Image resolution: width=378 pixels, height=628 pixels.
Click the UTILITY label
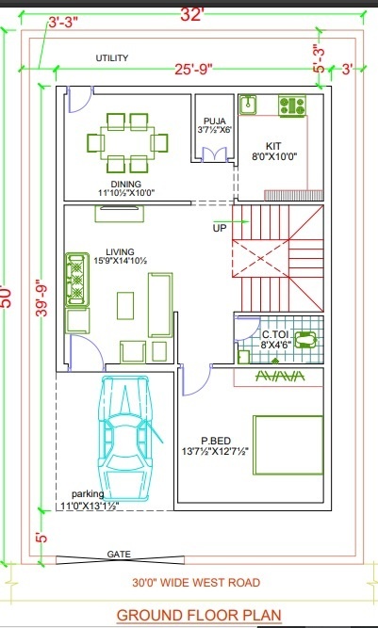tap(112, 58)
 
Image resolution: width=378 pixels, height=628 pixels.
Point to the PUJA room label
tap(215, 121)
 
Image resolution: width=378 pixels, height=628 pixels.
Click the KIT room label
tap(273, 145)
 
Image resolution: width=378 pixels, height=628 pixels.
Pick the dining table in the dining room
tap(127, 141)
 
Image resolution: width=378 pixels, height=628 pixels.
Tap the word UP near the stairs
tap(220, 228)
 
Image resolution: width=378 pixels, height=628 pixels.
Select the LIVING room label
tap(121, 252)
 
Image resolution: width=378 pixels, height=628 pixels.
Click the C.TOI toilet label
tap(274, 334)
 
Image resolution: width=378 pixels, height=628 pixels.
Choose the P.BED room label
tap(217, 439)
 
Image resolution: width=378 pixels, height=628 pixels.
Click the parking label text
tap(89, 494)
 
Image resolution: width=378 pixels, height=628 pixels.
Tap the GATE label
tap(120, 555)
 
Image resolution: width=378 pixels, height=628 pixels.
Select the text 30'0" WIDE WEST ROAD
tap(196, 583)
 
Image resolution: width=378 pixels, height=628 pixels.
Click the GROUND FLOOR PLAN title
tap(198, 615)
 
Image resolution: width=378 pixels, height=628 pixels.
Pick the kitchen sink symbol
tap(249, 104)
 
